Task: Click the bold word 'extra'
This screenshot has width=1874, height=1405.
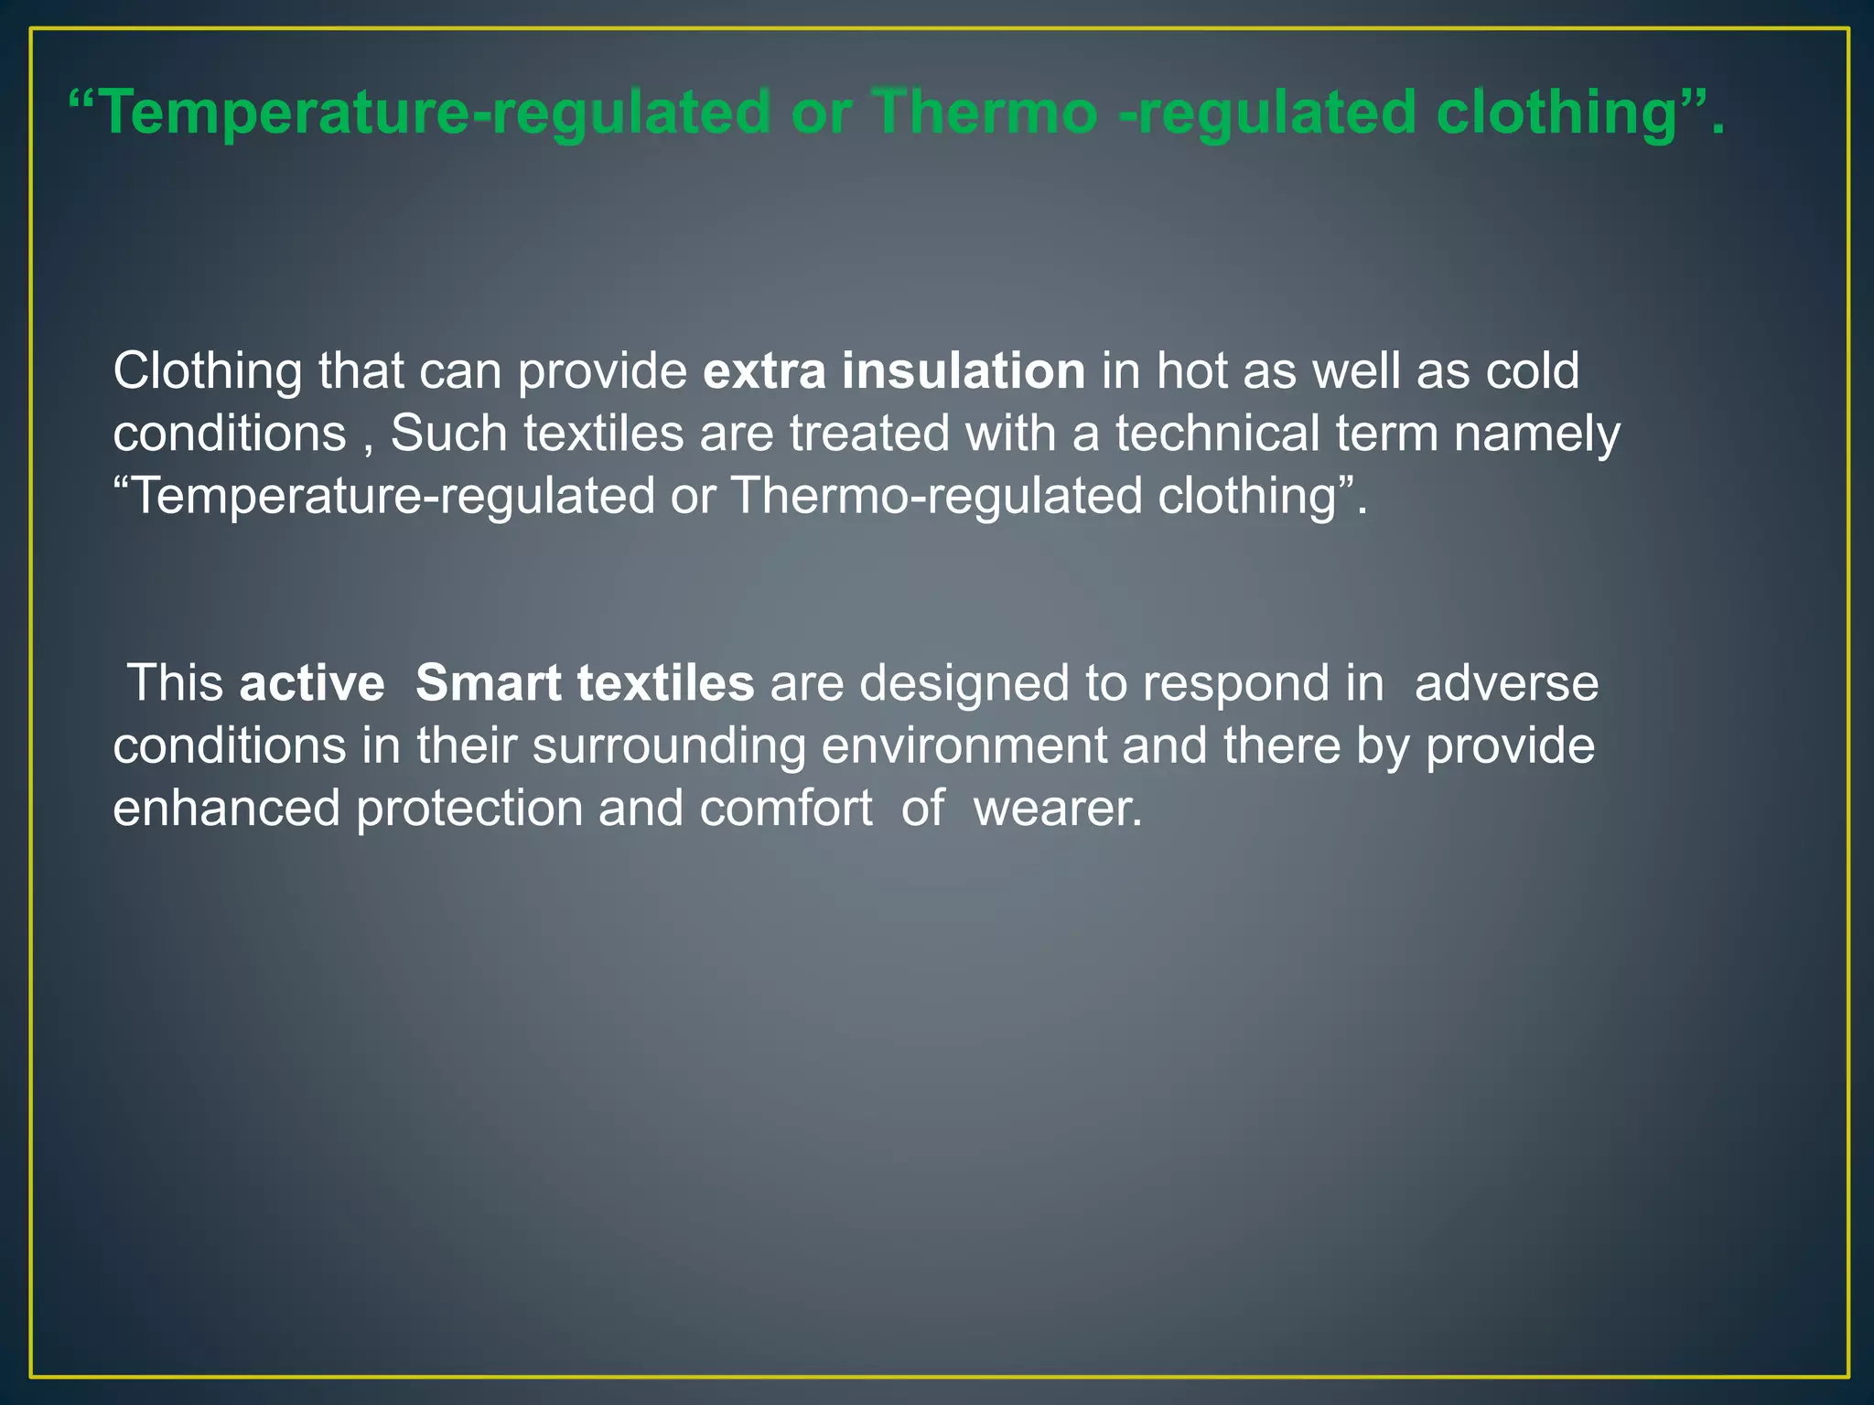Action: tap(764, 371)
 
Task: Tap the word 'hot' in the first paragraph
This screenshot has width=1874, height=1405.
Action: tap(1191, 371)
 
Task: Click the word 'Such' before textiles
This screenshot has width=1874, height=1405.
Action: tap(448, 434)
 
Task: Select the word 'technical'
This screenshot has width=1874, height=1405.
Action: tap(1216, 434)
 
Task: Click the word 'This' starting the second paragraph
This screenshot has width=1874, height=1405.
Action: tap(176, 683)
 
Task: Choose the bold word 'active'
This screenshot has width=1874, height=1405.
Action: tap(312, 684)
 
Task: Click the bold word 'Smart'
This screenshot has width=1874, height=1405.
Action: tap(488, 683)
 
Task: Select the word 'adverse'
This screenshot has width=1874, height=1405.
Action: tap(1506, 684)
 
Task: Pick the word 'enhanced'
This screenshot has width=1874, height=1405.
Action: tap(226, 809)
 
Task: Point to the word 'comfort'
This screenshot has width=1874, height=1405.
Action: tap(786, 809)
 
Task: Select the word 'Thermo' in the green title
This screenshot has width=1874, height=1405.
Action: tap(985, 113)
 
